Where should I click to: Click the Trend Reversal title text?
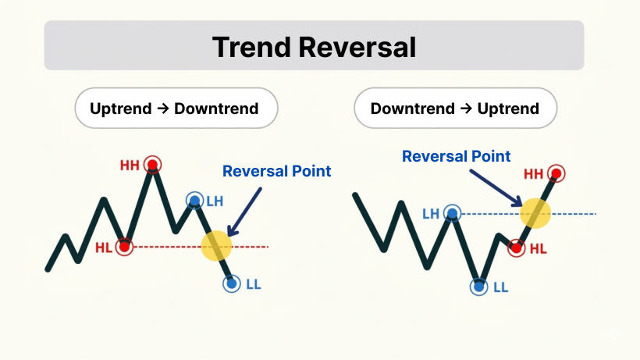coord(314,47)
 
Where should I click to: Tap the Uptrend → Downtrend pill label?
coord(174,109)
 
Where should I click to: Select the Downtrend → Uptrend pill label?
coord(455,109)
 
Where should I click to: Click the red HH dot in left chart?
coord(152,165)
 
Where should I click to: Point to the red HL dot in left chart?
coord(124,247)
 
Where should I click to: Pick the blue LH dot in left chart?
coord(194,201)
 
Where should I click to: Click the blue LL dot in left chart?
coord(231,283)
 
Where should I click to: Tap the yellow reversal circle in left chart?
coord(216,246)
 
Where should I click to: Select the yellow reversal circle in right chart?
coord(535,213)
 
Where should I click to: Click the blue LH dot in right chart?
coord(452,213)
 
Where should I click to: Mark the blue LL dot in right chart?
coord(478,287)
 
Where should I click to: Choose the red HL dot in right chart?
coord(516,248)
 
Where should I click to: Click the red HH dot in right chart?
coord(556,173)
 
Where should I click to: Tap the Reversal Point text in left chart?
coord(277,171)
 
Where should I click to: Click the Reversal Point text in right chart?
coord(456,156)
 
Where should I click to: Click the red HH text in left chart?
coord(130,166)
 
